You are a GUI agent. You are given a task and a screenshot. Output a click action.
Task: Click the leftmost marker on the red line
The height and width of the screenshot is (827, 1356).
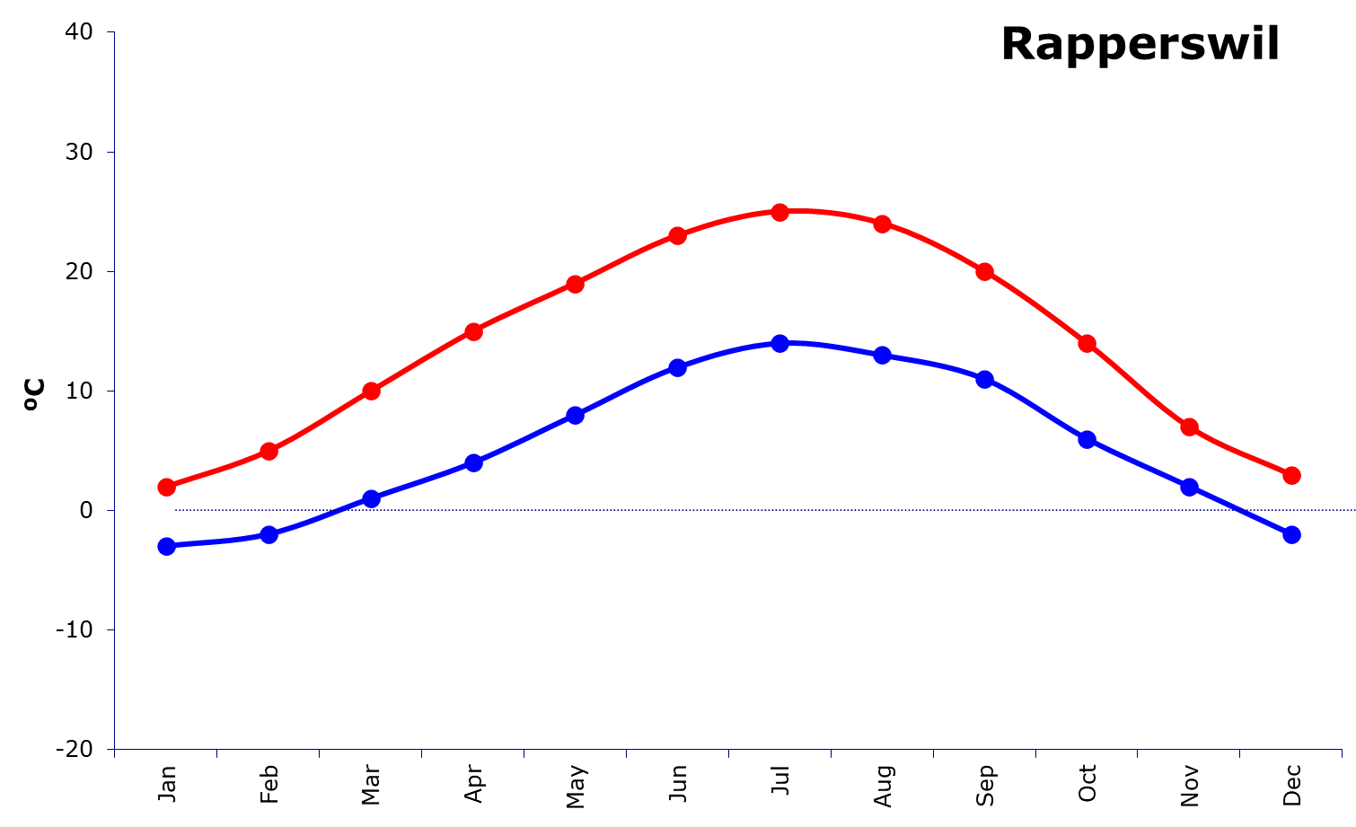(x=166, y=487)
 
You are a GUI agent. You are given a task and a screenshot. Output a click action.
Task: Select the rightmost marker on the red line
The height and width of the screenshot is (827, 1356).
(x=1291, y=475)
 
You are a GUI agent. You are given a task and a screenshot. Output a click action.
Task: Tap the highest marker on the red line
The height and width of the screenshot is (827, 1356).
(x=780, y=212)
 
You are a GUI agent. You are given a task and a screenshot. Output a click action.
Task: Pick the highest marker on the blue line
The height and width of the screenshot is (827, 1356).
(x=780, y=343)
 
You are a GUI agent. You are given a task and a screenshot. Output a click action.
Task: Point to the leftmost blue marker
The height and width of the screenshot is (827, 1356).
(x=166, y=546)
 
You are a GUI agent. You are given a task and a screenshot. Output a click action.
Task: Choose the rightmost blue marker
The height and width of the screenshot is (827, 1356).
(x=1291, y=534)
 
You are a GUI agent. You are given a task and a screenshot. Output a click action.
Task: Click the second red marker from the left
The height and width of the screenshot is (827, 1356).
(x=269, y=451)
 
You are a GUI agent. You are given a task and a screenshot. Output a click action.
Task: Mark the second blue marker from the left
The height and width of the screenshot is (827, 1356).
(x=269, y=534)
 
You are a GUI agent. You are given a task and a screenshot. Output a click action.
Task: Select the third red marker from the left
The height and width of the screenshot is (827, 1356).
(x=371, y=391)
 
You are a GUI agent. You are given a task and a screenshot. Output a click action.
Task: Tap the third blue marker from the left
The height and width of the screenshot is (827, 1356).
(x=371, y=498)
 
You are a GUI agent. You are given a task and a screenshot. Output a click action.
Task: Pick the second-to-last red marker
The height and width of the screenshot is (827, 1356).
(x=1190, y=427)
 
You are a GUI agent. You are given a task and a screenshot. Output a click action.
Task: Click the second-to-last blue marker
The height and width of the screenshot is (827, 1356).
(x=1190, y=487)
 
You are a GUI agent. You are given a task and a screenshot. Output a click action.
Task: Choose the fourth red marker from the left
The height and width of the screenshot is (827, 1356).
(x=473, y=331)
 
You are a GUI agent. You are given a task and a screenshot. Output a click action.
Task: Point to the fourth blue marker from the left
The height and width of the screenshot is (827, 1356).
(x=473, y=462)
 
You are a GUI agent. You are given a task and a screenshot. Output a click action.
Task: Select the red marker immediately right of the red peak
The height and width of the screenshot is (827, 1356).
(x=883, y=224)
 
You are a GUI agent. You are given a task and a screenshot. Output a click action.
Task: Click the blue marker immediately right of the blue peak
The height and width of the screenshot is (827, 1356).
(x=883, y=356)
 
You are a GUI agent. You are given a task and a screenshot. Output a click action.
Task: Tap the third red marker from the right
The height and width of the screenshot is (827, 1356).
(x=1087, y=343)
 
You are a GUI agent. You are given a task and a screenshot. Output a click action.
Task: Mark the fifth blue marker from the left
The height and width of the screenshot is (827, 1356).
(x=576, y=415)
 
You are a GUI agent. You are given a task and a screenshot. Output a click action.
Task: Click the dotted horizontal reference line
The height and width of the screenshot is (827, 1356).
(x=718, y=510)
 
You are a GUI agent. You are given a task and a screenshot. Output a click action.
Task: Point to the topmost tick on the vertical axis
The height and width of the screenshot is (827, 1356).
(x=110, y=32)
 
